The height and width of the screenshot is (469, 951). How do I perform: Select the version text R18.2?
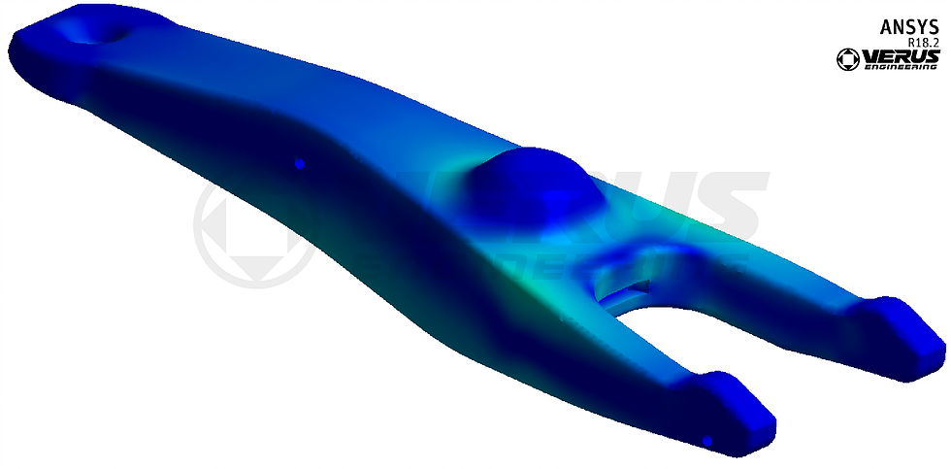923,44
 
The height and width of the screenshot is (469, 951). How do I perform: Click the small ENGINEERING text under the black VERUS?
904,68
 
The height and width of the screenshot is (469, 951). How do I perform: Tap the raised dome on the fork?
530,184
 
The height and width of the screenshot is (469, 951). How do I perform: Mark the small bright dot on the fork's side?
300,164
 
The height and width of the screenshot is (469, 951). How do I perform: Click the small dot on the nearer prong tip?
707,441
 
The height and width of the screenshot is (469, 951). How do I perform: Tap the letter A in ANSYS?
885,27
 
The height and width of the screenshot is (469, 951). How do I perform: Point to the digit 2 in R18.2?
936,44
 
